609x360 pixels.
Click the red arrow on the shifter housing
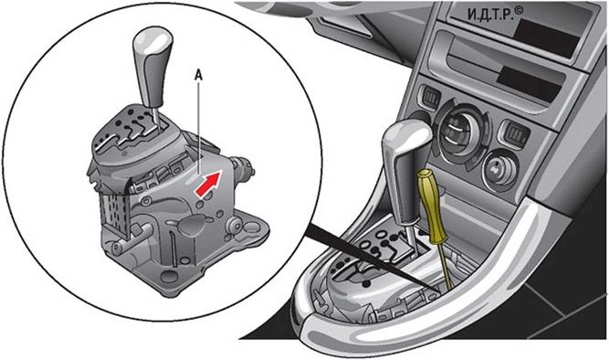point(208,184)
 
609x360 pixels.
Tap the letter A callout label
point(198,76)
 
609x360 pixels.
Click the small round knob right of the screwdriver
point(499,169)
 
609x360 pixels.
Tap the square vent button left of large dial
point(429,96)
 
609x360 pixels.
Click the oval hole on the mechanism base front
point(169,277)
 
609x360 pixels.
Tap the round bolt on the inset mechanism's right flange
point(235,224)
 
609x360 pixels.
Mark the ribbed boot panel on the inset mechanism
point(115,213)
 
